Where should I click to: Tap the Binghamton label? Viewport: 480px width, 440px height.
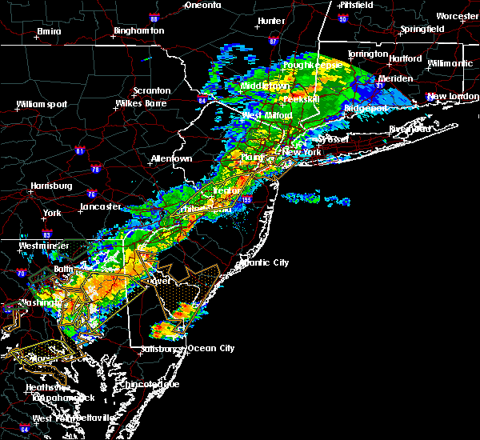(138, 30)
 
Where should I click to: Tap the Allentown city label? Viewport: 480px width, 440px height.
(171, 158)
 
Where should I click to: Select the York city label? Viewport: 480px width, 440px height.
(52, 213)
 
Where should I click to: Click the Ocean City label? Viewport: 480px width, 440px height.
(211, 348)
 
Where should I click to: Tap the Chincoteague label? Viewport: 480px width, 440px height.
(150, 384)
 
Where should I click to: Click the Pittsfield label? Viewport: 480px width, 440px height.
(356, 5)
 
